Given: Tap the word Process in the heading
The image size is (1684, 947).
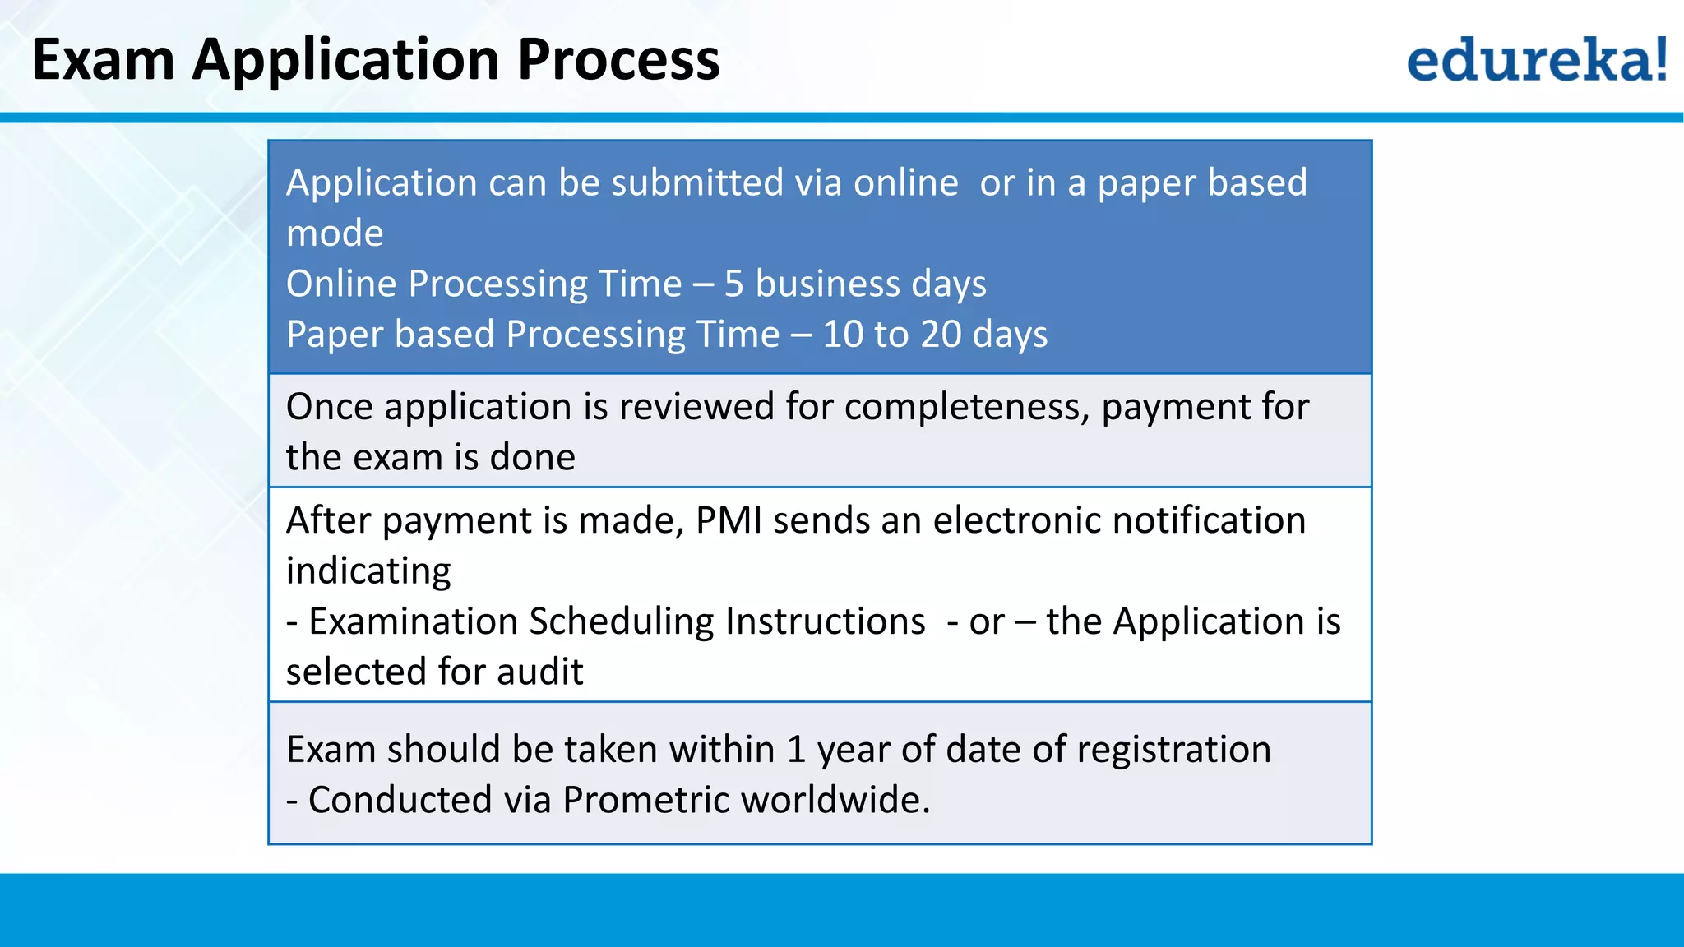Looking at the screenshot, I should pos(618,60).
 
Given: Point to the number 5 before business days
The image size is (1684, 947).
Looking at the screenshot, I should pos(733,284).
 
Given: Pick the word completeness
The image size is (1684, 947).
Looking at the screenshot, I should pos(966,407).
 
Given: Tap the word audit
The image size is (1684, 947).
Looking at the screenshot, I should pos(539,672).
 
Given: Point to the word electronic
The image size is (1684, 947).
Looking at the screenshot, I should pos(1015,520).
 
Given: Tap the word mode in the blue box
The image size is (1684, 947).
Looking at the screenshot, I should pos(335,234).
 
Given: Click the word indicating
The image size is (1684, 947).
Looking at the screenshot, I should pos(368,571).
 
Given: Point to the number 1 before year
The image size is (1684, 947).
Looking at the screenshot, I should pos(795,750).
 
